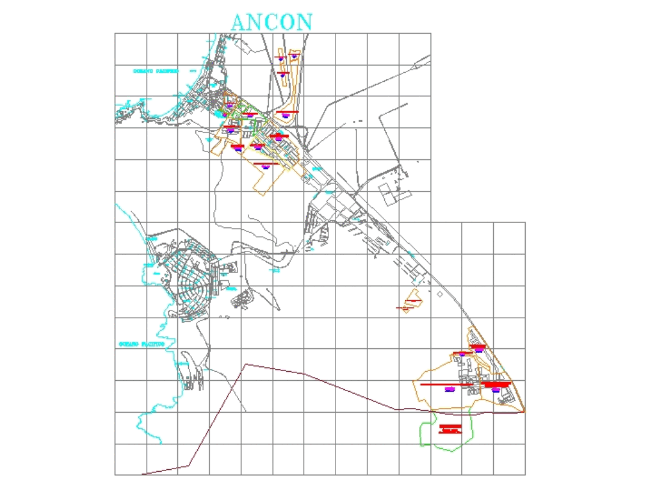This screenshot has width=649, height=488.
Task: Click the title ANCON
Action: click(272, 21)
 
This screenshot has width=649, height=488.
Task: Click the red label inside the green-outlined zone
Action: click(450, 428)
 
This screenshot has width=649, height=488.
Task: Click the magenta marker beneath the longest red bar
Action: click(449, 389)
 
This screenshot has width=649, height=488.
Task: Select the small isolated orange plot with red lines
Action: click(411, 302)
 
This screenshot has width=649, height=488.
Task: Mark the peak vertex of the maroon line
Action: click(246, 365)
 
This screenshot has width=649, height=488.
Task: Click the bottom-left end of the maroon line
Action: click(143, 474)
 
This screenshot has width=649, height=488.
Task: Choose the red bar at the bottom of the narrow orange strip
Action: click(286, 112)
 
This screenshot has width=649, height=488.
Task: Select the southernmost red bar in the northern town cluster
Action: click(265, 164)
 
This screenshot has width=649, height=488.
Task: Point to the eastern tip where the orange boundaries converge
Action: click(524, 411)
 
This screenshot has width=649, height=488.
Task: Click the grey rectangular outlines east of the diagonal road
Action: click(393, 193)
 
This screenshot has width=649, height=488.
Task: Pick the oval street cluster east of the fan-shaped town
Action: click(242, 298)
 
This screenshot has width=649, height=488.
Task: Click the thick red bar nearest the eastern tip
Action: click(497, 385)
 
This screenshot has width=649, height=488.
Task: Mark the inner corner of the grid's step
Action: click(430, 223)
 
